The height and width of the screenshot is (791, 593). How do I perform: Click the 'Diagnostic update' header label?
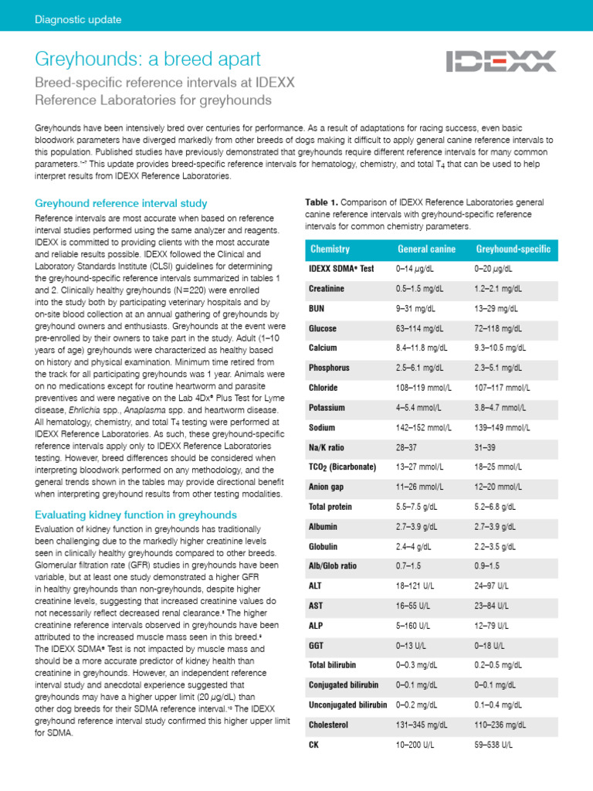pyautogui.click(x=73, y=19)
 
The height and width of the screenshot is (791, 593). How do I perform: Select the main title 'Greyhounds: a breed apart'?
pyautogui.click(x=148, y=59)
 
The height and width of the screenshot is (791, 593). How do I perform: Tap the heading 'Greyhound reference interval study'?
pyautogui.click(x=121, y=203)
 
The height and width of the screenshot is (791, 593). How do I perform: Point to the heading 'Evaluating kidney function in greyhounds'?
pyautogui.click(x=136, y=514)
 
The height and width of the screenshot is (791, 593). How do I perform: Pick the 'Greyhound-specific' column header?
pyautogui.click(x=513, y=249)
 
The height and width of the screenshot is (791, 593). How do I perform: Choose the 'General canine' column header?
pyautogui.click(x=426, y=249)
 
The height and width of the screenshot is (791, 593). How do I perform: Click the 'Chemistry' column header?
pyautogui.click(x=330, y=249)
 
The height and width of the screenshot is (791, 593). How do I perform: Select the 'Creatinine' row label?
pyautogui.click(x=327, y=288)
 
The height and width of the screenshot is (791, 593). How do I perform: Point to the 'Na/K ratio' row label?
pyautogui.click(x=327, y=447)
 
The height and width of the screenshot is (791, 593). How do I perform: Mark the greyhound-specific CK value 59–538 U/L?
pyautogui.click(x=493, y=745)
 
